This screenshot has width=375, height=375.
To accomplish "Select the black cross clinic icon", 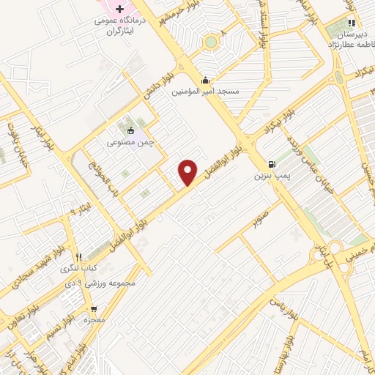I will [x=119, y=8].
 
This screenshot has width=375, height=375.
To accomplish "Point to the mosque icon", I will [x=206, y=81].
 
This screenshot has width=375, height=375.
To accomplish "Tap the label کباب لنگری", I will [x=79, y=269].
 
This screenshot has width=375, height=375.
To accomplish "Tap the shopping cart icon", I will [x=93, y=309].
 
